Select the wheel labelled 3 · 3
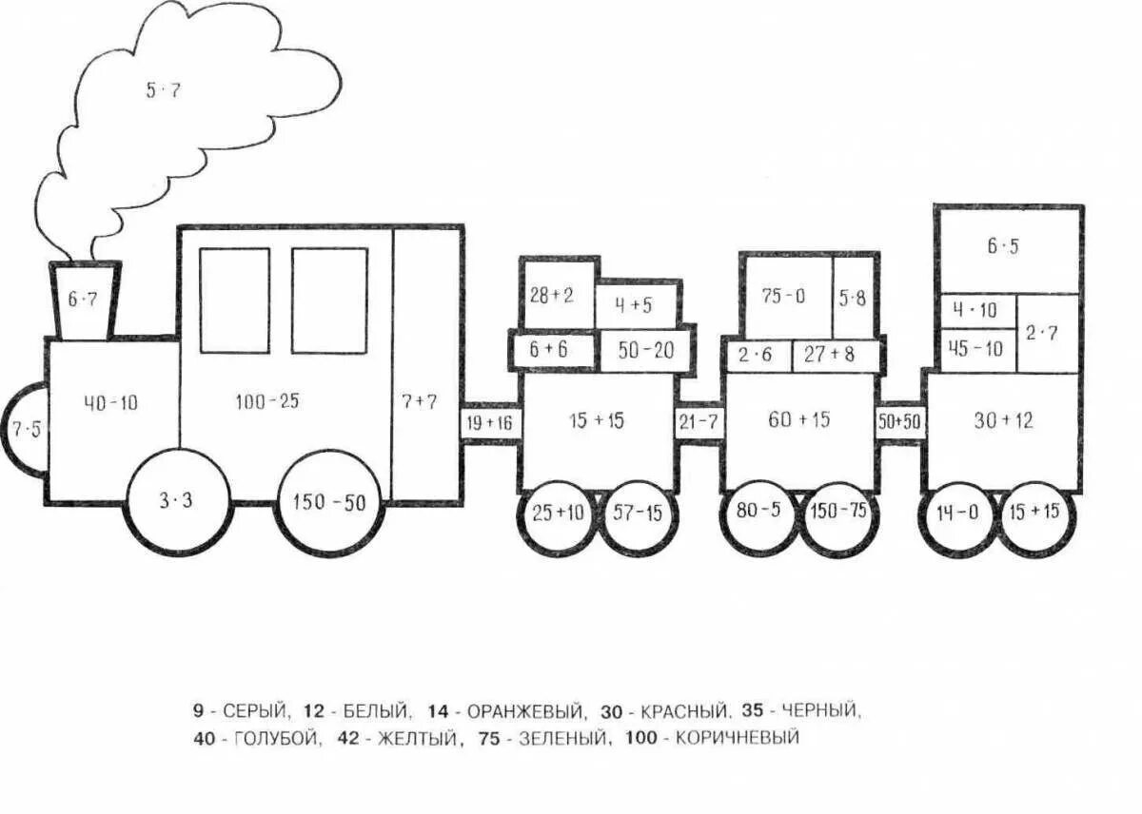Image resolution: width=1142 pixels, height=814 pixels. click(178, 501)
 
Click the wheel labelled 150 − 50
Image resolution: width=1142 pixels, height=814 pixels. click(330, 503)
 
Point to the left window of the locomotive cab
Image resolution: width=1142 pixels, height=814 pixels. click(234, 300)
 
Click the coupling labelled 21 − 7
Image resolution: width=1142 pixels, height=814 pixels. click(698, 421)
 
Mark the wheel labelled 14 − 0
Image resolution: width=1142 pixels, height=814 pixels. click(956, 514)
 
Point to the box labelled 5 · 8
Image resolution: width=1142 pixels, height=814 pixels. click(854, 296)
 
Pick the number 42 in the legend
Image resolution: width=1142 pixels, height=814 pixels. click(348, 737)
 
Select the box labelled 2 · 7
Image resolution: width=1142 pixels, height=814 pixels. click(1047, 333)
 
